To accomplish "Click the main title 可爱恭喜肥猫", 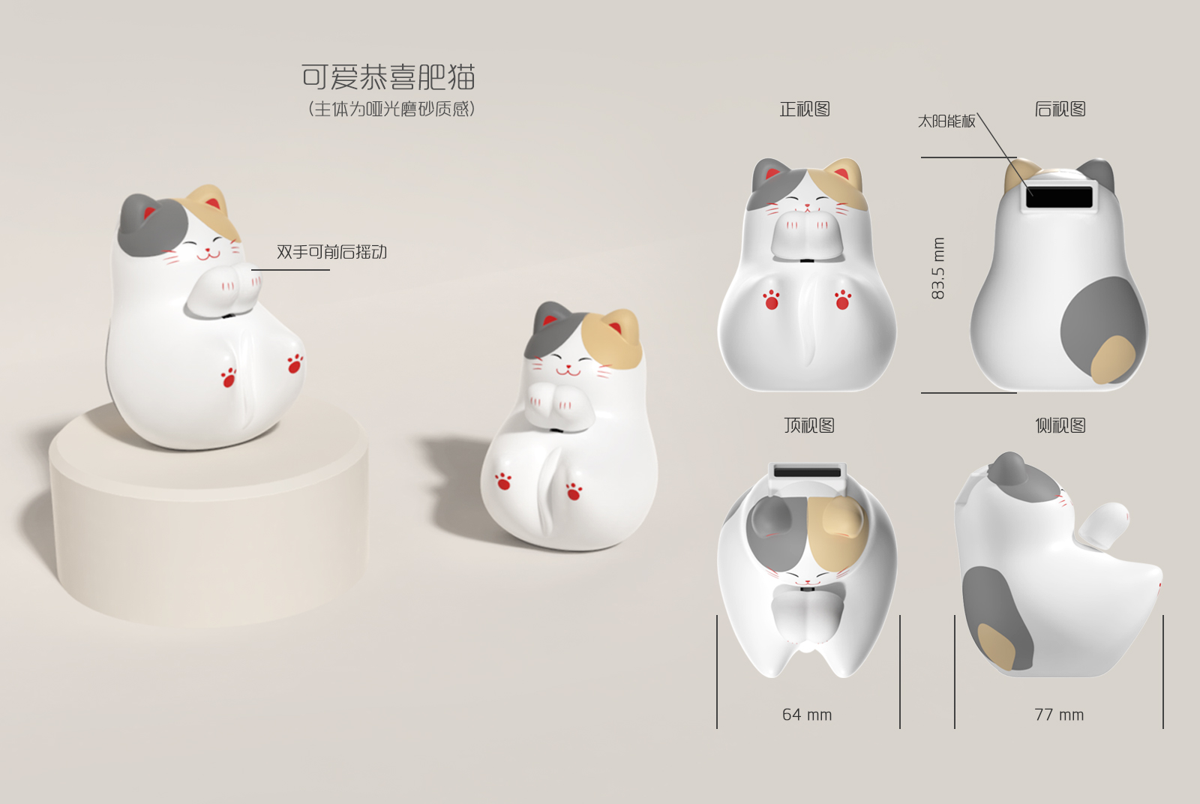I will coord(388,77).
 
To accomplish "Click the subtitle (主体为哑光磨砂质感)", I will coord(391,109).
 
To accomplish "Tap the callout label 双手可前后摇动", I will coord(331,252).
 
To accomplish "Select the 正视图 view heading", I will coord(805,109).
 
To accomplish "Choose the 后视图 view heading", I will coord(1060,109).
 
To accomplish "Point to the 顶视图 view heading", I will coord(809,426).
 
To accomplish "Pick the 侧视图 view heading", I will coord(1060,426).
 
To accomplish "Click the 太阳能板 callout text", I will coord(946,121).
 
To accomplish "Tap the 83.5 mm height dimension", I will coord(938,268).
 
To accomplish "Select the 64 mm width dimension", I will coord(807,715).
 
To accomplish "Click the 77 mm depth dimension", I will coord(1059,715).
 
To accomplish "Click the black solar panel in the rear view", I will coord(1060,196).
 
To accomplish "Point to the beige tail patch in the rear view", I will coord(1112,358).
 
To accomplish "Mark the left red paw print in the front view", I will coord(771,299).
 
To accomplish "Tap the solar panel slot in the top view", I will coord(807,472).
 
